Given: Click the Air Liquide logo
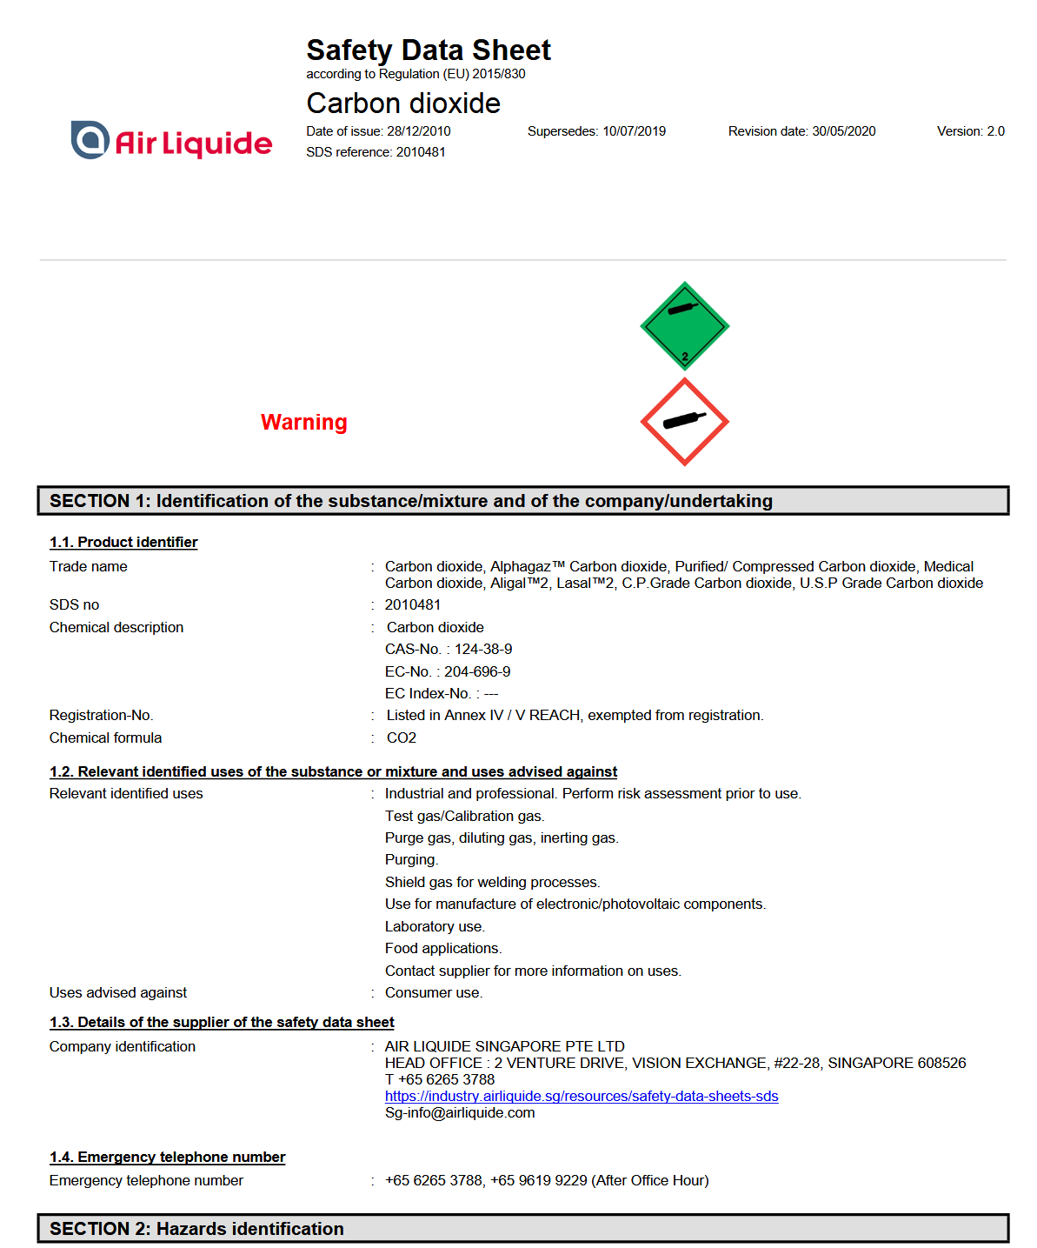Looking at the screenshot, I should (171, 141).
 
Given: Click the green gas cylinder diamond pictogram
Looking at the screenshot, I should (684, 326).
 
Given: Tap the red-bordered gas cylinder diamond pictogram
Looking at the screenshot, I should (684, 422).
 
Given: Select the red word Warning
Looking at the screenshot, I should (303, 423).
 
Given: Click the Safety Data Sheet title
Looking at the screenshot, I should (428, 50).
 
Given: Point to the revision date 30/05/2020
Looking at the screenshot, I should (843, 131).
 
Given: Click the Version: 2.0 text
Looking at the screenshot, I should (970, 131).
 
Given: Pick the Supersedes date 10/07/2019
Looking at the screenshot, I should (634, 131).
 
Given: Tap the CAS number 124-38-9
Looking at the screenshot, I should (483, 650).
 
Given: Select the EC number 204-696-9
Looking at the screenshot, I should (477, 672).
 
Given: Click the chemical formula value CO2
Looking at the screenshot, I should (402, 738).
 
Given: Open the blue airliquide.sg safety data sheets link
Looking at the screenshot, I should (582, 1097).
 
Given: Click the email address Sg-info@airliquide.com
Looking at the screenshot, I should (460, 1113).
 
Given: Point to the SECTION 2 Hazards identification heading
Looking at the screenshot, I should (196, 1229).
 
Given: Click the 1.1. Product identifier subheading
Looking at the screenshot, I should (123, 543).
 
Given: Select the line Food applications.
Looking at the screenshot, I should (443, 949).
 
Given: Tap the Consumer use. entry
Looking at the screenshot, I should (434, 993).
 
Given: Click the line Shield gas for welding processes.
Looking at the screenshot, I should (492, 883).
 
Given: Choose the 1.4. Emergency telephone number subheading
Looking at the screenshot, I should (167, 1158).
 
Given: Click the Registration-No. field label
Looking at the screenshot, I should (101, 716).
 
